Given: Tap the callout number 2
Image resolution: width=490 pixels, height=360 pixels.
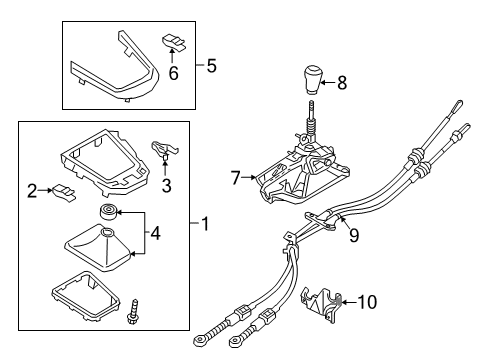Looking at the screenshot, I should click(32, 190).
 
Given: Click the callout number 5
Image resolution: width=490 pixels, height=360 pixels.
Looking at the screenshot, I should click(211, 67).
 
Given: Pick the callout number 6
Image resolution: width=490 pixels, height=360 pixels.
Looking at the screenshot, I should click(172, 75).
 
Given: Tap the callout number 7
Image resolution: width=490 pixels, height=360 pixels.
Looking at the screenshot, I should click(237, 178).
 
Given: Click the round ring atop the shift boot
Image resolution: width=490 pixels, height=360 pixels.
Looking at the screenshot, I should click(106, 211).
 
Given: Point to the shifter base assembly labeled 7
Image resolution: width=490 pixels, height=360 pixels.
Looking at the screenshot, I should click(290, 180).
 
